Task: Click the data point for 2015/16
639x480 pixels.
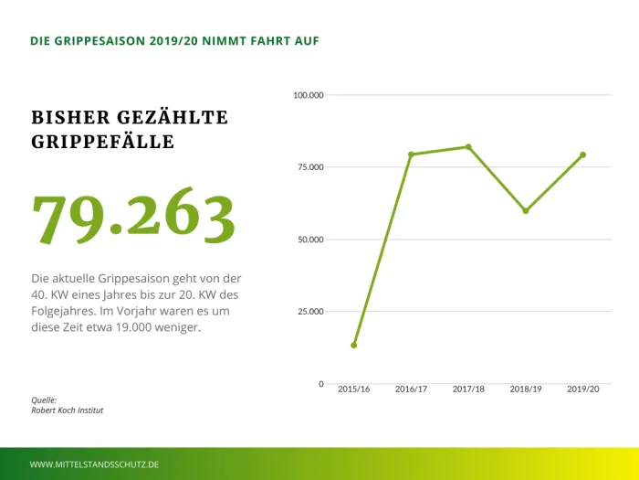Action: (353, 345)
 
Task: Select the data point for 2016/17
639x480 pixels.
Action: (411, 155)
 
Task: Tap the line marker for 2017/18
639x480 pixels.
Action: (468, 146)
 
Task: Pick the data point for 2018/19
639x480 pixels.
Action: (526, 210)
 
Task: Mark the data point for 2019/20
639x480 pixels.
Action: (582, 155)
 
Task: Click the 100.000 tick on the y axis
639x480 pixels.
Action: (309, 95)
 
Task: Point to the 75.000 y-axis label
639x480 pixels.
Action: (310, 167)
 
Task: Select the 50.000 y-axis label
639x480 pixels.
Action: (310, 240)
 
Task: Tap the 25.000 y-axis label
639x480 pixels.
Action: (310, 312)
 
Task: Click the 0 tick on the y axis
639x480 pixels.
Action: (320, 384)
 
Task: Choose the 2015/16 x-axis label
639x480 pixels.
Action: (353, 389)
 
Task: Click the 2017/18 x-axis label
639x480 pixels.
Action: (468, 389)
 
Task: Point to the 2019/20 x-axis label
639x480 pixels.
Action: (582, 389)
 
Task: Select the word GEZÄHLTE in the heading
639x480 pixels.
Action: (172, 118)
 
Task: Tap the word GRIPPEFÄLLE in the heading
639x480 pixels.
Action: (102, 143)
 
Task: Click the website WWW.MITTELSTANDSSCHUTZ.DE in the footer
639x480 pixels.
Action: (95, 464)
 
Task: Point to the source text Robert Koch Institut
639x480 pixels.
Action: (68, 411)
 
